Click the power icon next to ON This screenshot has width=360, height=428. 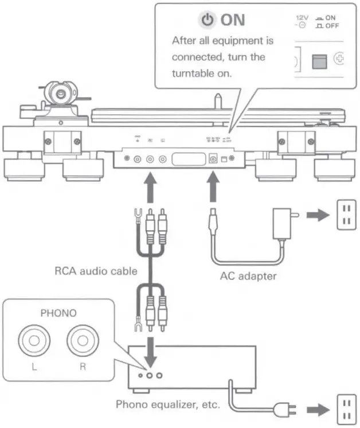[x=208, y=20]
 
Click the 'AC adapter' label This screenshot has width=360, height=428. [x=248, y=276]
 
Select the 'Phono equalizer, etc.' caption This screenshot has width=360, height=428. [x=167, y=404]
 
